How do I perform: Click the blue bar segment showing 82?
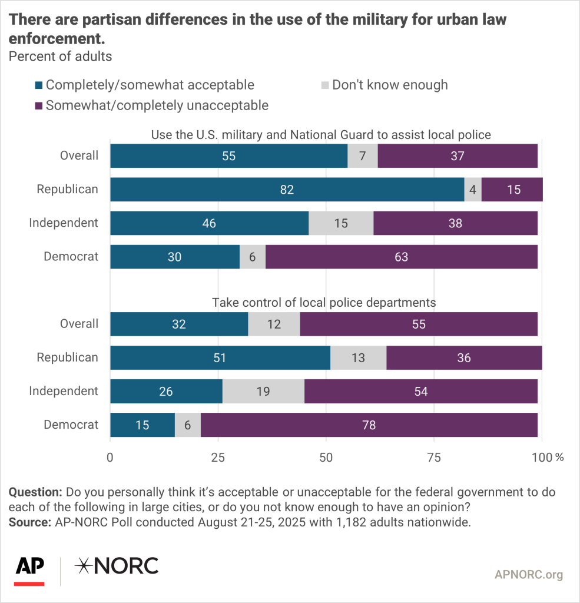click(287, 190)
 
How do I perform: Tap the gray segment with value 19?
click(263, 391)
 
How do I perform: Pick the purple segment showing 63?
click(402, 257)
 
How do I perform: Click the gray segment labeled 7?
click(362, 156)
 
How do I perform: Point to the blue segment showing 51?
click(220, 357)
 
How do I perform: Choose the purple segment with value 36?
click(463, 357)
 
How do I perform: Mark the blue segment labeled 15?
click(142, 425)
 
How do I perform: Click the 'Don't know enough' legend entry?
click(389, 85)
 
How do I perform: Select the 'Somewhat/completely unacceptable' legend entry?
click(157, 105)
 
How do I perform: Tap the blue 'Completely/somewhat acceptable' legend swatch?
click(39, 85)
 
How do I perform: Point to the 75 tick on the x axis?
click(434, 457)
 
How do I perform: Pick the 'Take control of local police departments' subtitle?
click(324, 303)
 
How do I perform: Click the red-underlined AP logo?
click(29, 569)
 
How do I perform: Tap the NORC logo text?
click(117, 566)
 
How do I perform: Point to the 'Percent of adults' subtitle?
click(59, 57)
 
